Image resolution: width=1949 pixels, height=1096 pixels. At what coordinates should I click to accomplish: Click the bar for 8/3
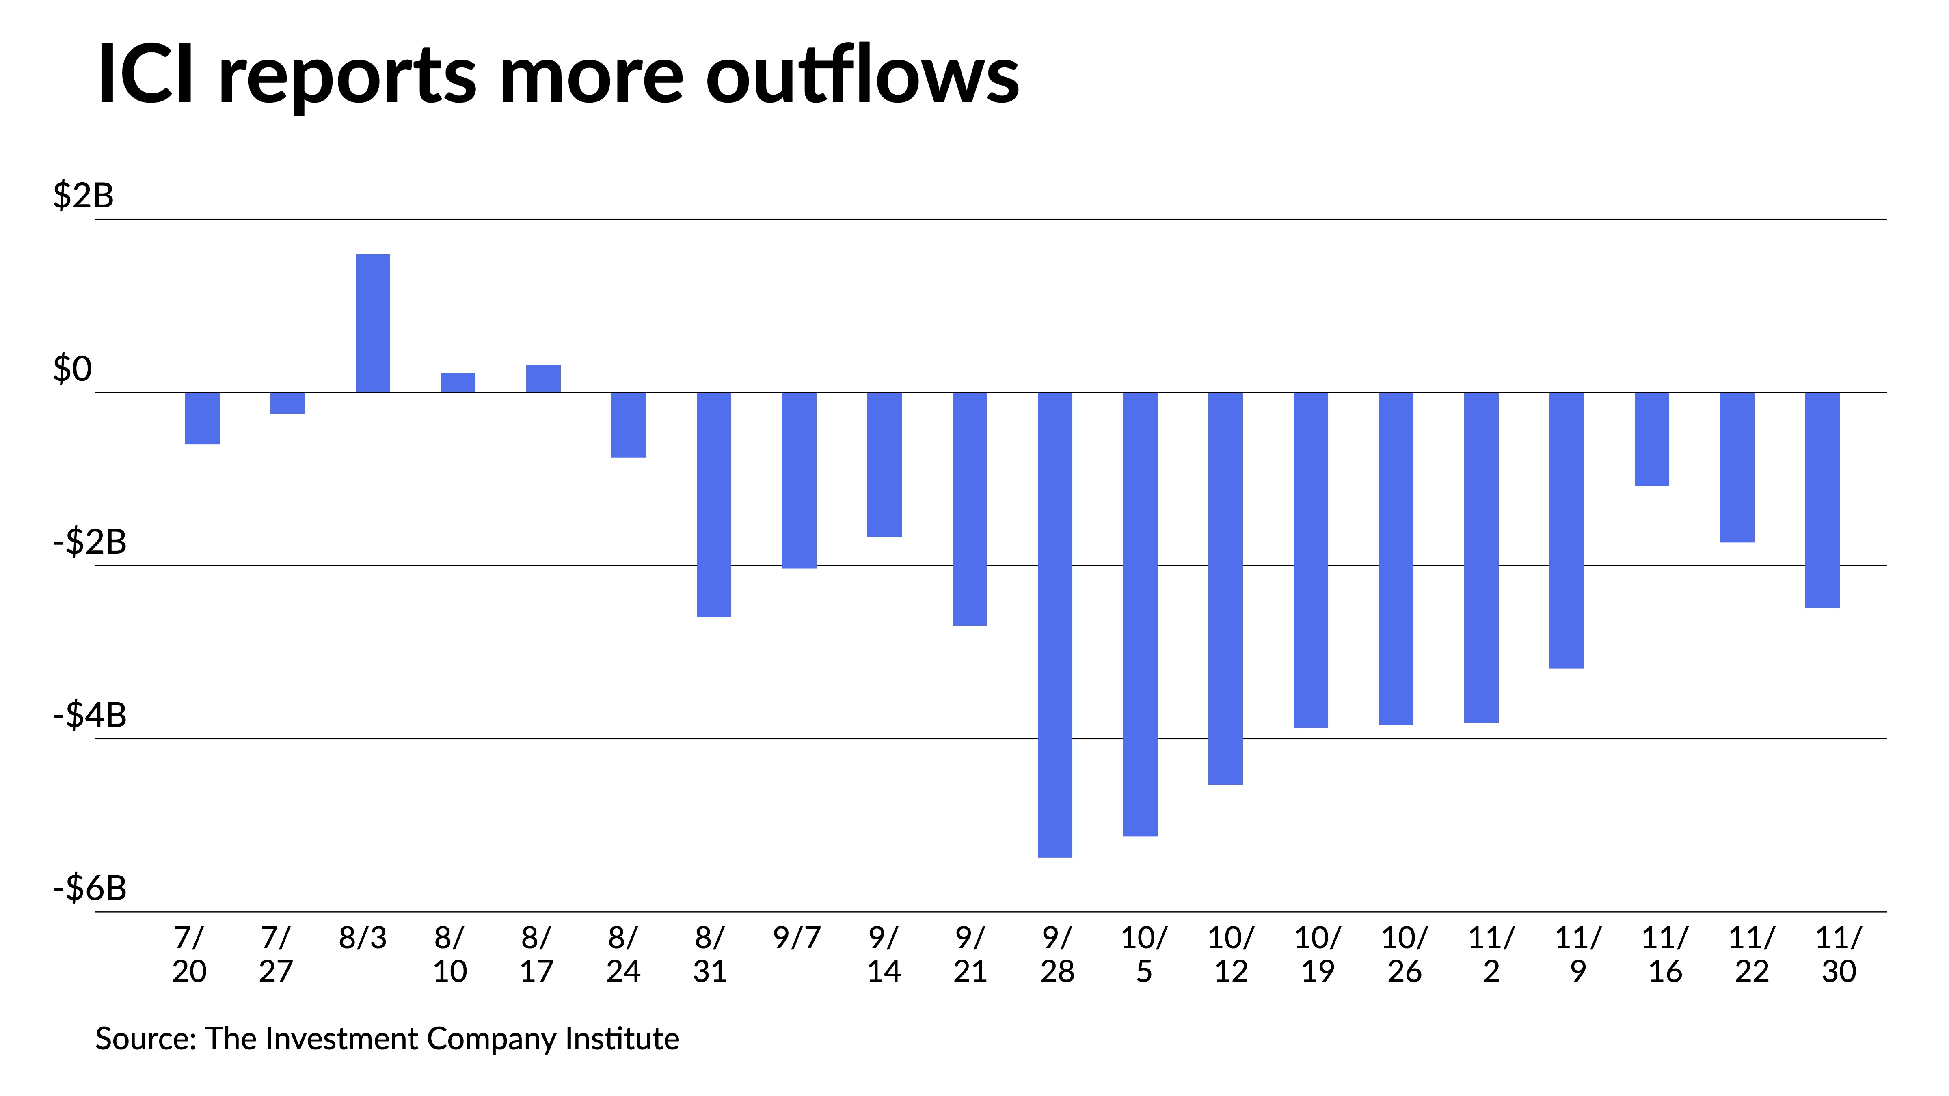[x=373, y=323]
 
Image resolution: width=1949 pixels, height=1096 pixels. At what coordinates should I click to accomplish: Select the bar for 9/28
[x=1055, y=625]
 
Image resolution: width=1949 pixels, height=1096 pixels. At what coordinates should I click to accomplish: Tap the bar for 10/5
[x=1140, y=614]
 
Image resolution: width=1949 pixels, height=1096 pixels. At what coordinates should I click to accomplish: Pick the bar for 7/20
[x=202, y=418]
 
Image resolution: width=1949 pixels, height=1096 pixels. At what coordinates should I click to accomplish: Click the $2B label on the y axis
[x=83, y=196]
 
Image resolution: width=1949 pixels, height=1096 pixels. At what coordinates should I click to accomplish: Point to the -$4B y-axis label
[x=89, y=715]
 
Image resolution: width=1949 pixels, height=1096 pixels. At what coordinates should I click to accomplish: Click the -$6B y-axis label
[x=89, y=888]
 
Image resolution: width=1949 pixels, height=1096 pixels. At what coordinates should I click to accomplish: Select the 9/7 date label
[x=797, y=939]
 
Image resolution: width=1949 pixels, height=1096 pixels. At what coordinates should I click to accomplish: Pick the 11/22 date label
[x=1752, y=955]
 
